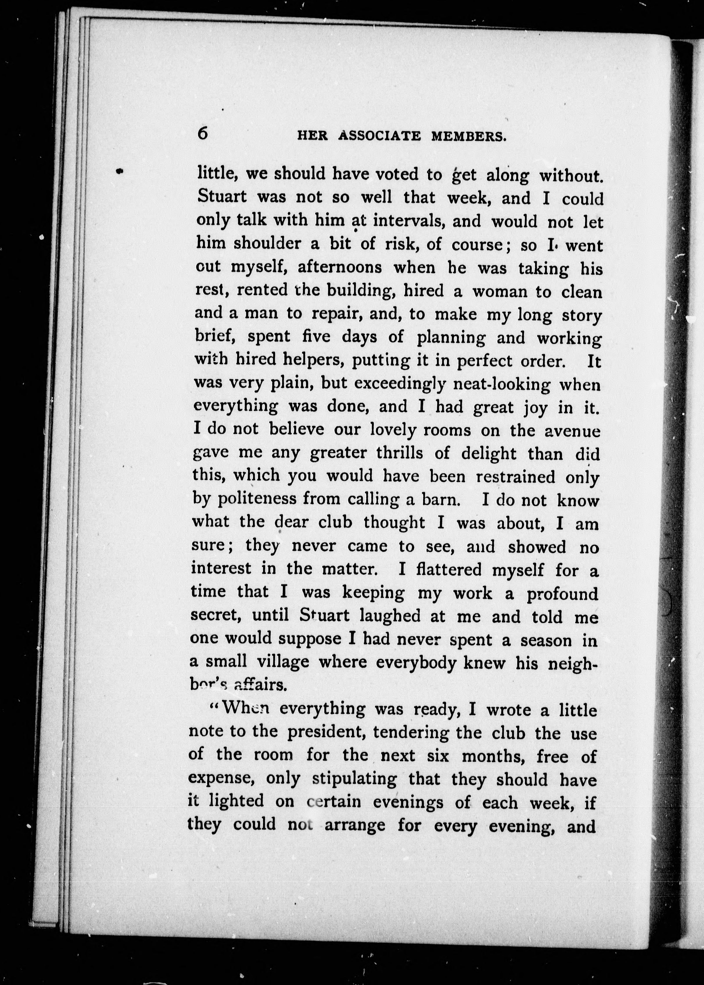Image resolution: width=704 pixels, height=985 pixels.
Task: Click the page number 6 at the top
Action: point(202,133)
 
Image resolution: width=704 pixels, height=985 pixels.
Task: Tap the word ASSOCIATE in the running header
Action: point(379,136)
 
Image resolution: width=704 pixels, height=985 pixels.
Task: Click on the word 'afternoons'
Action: point(340,267)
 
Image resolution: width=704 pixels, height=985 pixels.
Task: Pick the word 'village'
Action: point(283,662)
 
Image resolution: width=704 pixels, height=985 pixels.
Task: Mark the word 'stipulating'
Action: point(354,779)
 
